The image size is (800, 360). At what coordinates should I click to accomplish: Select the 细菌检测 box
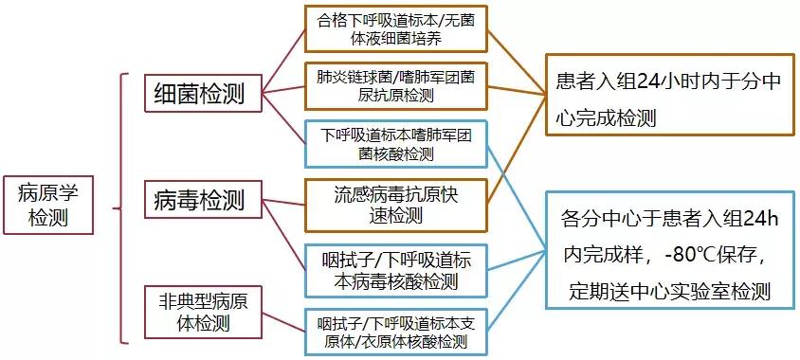point(200,94)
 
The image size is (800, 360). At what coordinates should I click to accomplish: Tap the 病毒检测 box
point(200,200)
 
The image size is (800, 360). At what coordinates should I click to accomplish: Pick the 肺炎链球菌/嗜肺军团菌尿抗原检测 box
point(395,85)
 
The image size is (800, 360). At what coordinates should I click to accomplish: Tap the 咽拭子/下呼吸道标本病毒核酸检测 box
point(395,269)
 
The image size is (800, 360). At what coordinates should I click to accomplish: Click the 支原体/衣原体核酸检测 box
point(395,332)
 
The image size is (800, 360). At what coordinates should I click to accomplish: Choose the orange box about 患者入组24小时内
point(668,100)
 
